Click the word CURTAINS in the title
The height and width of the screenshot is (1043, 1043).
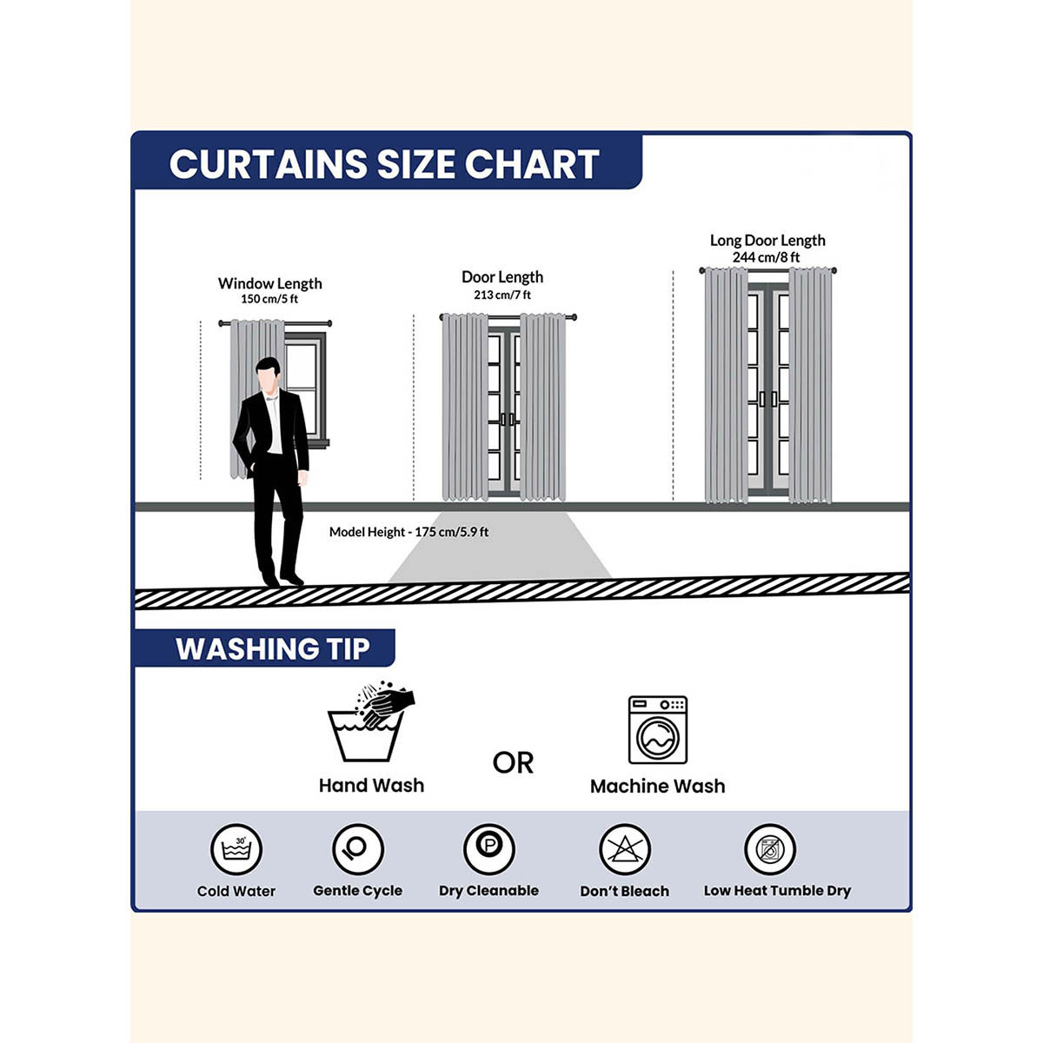(x=268, y=164)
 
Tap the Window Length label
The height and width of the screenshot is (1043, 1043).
(x=269, y=283)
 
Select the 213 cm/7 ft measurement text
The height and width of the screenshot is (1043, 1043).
(x=502, y=295)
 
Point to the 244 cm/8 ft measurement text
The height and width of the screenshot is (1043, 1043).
(x=766, y=257)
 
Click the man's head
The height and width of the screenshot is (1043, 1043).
(x=268, y=374)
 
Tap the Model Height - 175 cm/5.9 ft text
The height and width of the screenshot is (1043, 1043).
(x=409, y=532)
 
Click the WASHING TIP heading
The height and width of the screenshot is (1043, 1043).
(x=272, y=648)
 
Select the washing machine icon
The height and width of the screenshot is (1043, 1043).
(x=658, y=729)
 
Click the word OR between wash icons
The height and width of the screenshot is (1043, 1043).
(x=513, y=763)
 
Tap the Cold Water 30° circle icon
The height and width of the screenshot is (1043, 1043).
(x=236, y=849)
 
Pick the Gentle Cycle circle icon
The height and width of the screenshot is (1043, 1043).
(x=358, y=849)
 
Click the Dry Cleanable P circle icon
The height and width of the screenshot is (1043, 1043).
(x=488, y=849)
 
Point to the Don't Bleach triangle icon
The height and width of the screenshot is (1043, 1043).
(x=625, y=849)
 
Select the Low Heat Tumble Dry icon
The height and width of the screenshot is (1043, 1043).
(x=770, y=849)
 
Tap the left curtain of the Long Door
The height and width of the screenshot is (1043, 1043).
(x=726, y=385)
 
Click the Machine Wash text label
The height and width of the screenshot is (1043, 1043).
(x=658, y=787)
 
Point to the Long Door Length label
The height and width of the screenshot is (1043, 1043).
(x=767, y=240)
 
